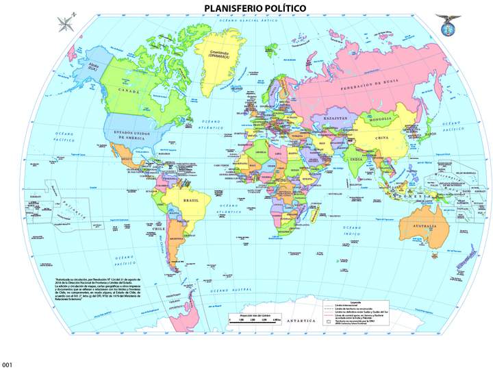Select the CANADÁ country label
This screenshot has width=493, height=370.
click(129, 90)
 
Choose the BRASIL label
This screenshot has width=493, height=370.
click(191, 201)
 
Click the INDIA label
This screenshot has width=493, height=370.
click(356, 160)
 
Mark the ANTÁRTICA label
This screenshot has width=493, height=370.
click(301, 320)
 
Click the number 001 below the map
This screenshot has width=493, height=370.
click(7, 364)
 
